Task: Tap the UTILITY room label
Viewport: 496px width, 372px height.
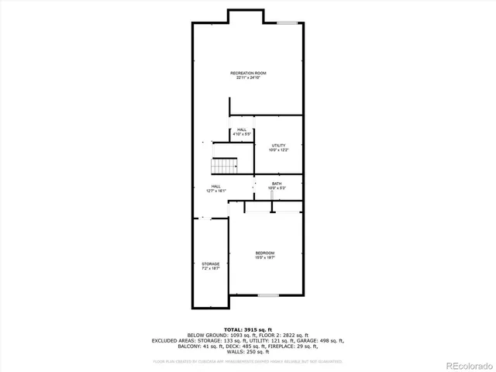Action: click(278, 145)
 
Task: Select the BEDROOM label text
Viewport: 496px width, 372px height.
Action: click(265, 253)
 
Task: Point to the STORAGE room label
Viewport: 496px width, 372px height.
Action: click(211, 263)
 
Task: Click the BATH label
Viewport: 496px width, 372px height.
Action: click(277, 184)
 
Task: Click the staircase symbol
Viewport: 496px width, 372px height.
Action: click(225, 166)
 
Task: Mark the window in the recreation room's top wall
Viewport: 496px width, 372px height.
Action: click(288, 23)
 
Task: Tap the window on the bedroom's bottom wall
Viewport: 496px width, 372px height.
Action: click(268, 295)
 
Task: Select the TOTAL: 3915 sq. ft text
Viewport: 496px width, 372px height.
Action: click(248, 329)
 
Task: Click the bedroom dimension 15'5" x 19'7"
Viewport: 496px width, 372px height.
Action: click(265, 258)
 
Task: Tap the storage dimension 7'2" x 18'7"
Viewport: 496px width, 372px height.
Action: click(211, 269)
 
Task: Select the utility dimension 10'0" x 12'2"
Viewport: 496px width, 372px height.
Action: click(278, 150)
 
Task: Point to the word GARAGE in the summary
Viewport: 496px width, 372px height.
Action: click(320, 340)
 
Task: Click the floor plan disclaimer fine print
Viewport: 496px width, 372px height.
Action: click(248, 360)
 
